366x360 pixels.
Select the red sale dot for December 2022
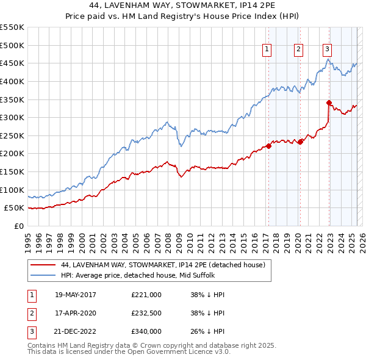point(329,103)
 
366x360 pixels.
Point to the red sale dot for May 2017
point(268,146)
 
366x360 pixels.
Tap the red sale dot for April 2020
point(300,142)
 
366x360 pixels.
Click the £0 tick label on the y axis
point(19,226)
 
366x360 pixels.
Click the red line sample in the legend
point(43,265)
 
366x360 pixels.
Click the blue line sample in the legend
point(43,276)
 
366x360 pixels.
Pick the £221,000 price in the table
point(146,295)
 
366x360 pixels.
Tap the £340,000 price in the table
point(146,331)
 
